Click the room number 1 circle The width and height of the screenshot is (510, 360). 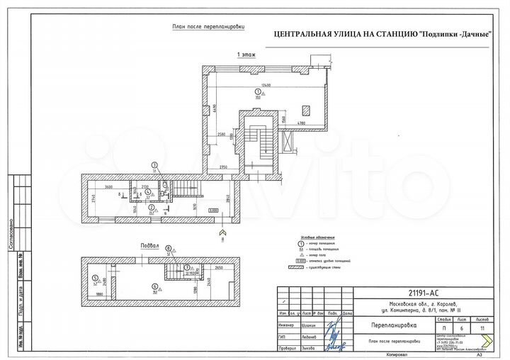(258, 93)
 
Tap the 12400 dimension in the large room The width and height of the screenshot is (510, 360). (265, 86)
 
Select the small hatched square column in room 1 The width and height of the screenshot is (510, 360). (305, 110)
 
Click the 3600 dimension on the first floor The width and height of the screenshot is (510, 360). (109, 186)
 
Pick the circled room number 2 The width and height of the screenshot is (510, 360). (151, 207)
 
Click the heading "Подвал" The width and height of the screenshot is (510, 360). (151, 247)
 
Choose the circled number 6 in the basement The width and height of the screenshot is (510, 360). (154, 286)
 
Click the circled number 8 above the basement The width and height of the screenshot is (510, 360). (168, 248)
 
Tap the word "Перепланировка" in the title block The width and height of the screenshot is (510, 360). (394, 326)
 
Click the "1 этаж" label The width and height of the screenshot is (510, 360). (246, 55)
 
